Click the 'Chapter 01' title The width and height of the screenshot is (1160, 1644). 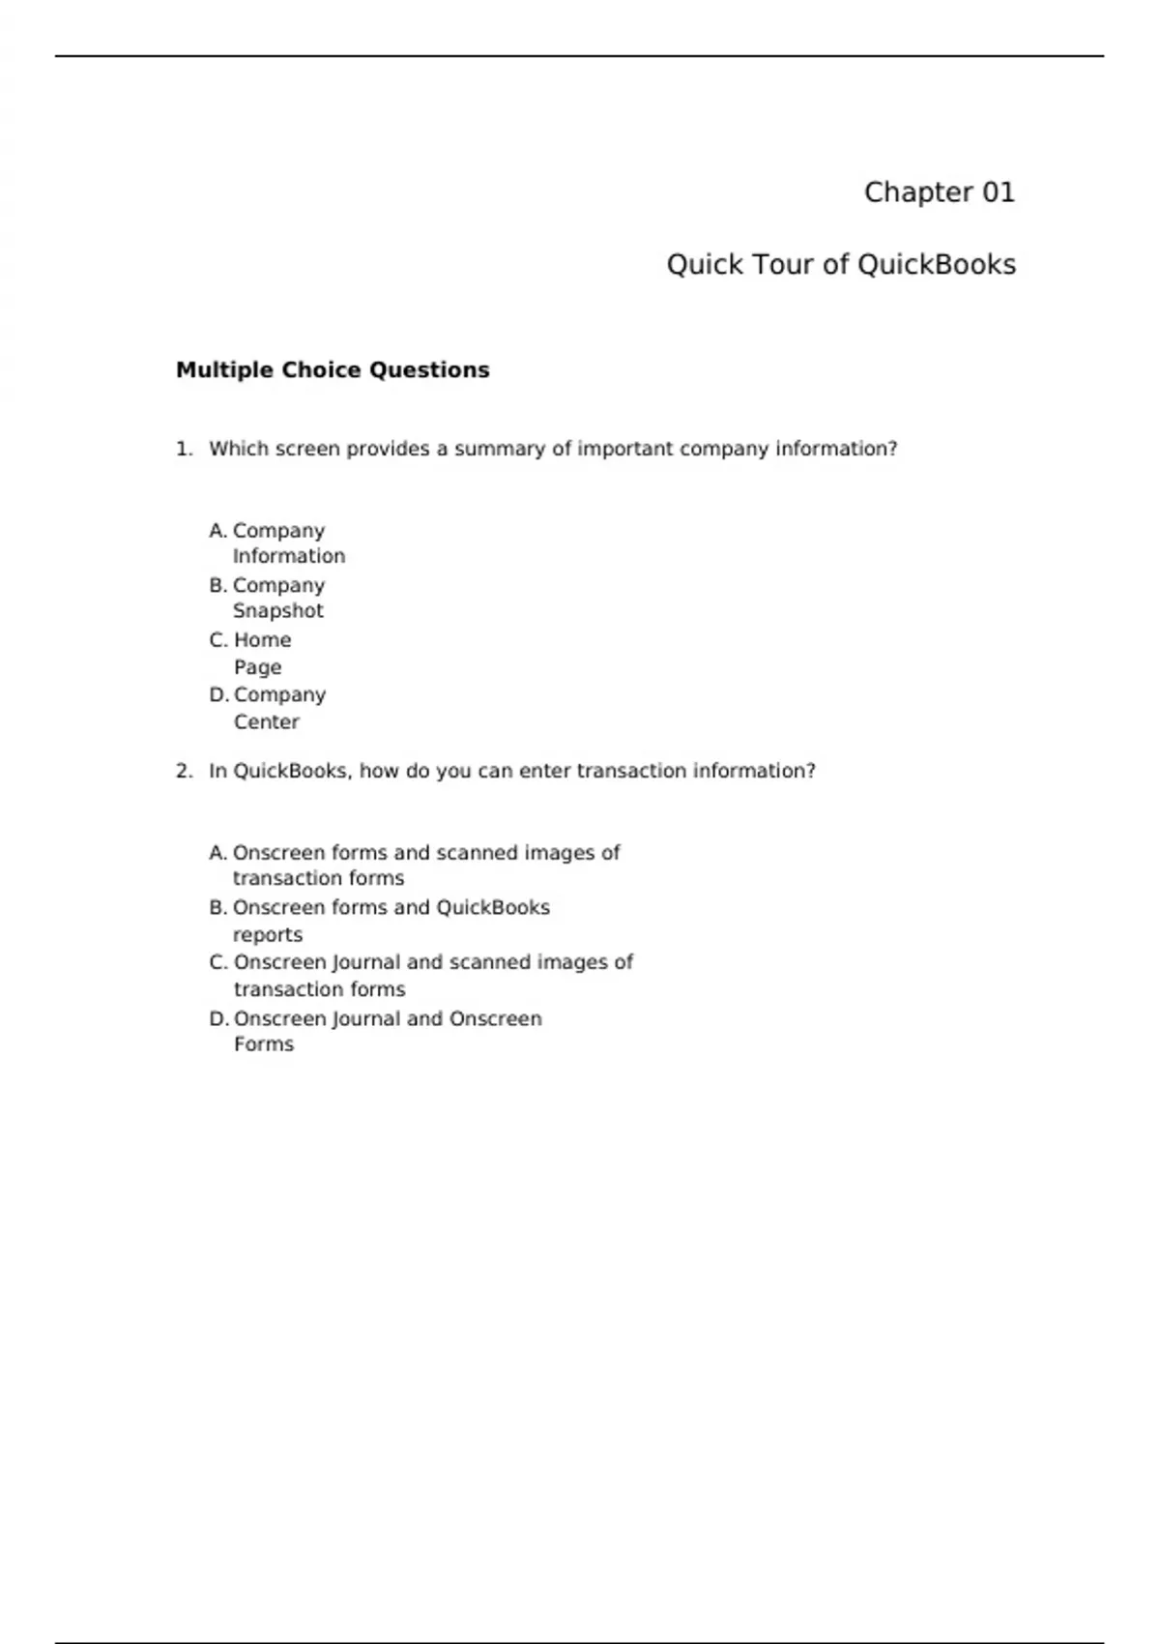pos(939,192)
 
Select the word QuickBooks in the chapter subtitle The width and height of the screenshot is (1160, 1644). pos(936,265)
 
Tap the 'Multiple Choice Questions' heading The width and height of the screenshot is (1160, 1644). pos(333,370)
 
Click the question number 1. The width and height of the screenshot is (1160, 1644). pos(184,449)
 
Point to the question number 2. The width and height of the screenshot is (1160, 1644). pos(184,771)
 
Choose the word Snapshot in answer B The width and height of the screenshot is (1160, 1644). pos(277,611)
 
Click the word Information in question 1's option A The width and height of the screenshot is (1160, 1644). pos(288,556)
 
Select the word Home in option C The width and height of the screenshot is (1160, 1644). pos(262,640)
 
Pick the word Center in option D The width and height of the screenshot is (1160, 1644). pos(266,722)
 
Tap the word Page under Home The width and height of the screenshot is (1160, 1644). pos(257,667)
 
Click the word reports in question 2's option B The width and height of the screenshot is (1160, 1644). pos(268,935)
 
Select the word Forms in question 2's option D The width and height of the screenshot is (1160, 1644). pos(263,1044)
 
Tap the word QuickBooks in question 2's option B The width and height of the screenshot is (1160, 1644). pos(493,908)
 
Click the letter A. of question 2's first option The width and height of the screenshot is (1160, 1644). pos(217,853)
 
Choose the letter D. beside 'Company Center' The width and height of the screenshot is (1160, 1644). pos(218,695)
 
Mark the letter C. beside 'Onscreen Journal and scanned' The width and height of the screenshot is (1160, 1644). pos(218,962)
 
